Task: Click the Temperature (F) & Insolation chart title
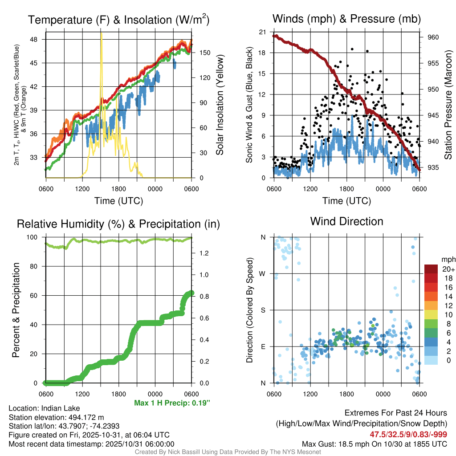118,20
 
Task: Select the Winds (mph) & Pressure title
346,19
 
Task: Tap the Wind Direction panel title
346,221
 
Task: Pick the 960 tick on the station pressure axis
433,37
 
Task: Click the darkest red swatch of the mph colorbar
431,269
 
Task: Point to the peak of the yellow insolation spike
101,33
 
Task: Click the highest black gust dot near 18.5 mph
352,49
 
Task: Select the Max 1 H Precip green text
172,403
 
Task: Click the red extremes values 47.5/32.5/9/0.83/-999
408,434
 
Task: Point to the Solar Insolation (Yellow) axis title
220,105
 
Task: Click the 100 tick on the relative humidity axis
35,237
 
